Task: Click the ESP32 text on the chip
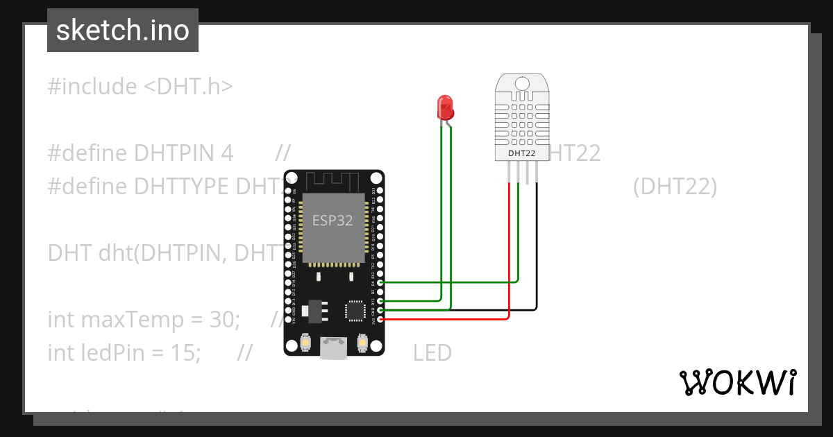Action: (333, 221)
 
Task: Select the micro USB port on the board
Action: (334, 348)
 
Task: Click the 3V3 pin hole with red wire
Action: (381, 319)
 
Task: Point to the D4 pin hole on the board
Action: (381, 283)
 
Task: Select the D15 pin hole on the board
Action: (381, 301)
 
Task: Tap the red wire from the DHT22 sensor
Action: (510, 250)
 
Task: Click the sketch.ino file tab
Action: (123, 31)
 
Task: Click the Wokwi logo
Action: (737, 382)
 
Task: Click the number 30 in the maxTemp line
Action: (224, 320)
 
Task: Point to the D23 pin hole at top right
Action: (381, 191)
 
